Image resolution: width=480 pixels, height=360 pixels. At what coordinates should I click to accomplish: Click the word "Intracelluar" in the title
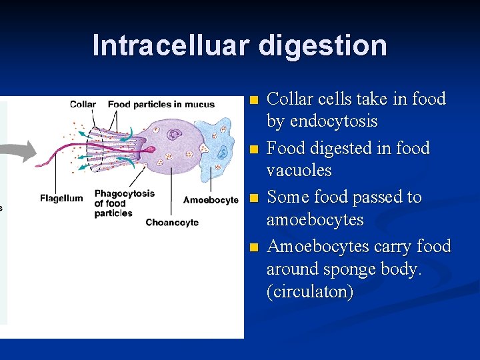click(x=171, y=45)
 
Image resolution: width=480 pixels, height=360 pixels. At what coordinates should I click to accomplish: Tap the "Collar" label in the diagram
click(x=83, y=104)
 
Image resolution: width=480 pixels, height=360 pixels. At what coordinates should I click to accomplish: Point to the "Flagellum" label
click(x=61, y=198)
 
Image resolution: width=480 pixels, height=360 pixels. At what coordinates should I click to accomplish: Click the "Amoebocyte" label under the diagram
click(x=211, y=200)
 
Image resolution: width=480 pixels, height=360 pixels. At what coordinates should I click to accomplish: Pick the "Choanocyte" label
click(x=172, y=223)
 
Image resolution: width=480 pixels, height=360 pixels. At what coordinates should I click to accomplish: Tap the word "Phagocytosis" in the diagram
click(x=125, y=193)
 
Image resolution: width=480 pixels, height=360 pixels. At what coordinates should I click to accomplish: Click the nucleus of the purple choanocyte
click(x=175, y=135)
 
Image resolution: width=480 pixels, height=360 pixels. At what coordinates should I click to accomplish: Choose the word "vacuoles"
click(x=299, y=171)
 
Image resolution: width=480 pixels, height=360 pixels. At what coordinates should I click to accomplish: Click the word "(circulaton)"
click(x=310, y=292)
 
